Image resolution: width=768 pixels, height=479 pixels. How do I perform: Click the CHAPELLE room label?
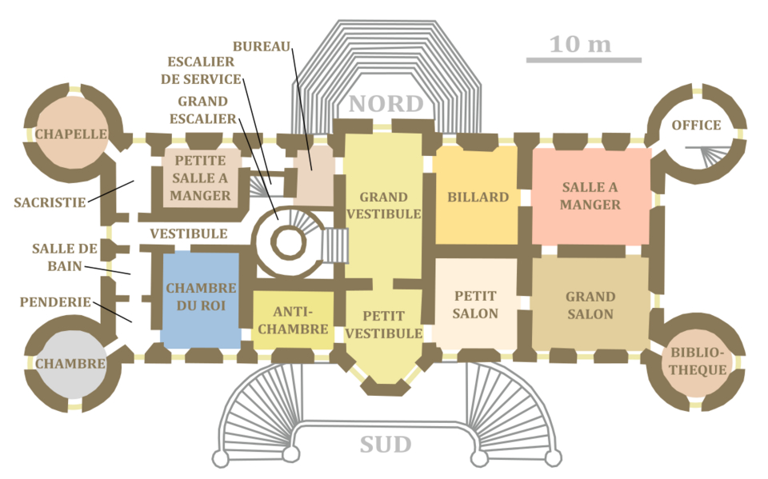click(x=71, y=134)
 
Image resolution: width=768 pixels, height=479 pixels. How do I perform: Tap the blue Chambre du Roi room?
click(x=201, y=298)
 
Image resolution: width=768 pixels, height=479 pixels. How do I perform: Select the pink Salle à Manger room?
click(x=590, y=196)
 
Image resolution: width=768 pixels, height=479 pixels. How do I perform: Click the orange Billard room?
click(x=478, y=197)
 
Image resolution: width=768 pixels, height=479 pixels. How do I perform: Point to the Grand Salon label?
click(x=590, y=305)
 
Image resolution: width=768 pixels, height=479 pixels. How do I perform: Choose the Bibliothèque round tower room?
click(x=699, y=361)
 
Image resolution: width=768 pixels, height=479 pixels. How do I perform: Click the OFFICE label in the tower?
click(x=696, y=126)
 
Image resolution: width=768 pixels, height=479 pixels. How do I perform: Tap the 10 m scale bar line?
click(x=583, y=60)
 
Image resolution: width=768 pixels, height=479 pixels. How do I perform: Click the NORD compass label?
click(x=386, y=104)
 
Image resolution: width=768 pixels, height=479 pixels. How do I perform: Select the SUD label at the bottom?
click(x=386, y=445)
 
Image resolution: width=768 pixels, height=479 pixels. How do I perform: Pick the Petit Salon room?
click(x=475, y=305)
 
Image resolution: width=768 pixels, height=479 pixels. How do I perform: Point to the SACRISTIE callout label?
click(x=50, y=203)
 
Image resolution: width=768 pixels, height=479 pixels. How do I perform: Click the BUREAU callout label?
click(x=262, y=47)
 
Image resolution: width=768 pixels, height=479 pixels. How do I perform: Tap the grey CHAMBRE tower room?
click(x=70, y=364)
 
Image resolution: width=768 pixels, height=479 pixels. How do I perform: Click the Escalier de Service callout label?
click(x=200, y=70)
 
